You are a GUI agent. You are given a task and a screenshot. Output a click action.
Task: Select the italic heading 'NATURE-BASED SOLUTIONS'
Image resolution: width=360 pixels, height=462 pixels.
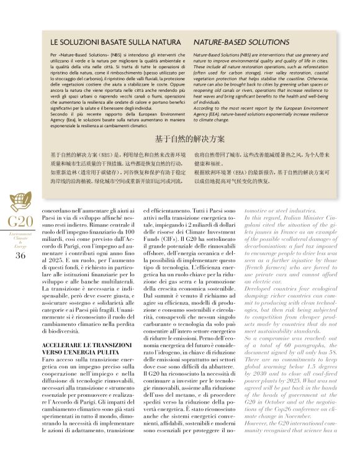point(233,43)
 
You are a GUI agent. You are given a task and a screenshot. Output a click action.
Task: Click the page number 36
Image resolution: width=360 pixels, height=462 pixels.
point(20,255)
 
